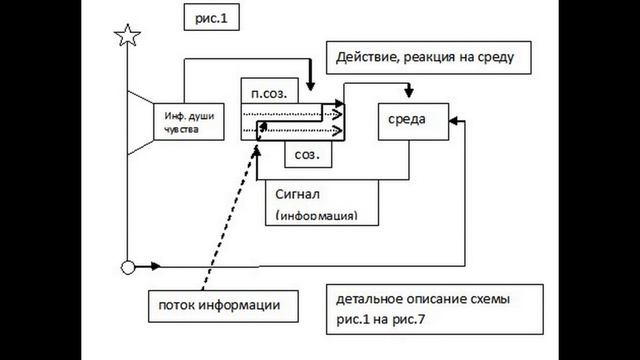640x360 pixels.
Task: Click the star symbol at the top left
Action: (127, 37)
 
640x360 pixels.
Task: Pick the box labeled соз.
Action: (308, 155)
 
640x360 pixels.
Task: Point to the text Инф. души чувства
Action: (189, 122)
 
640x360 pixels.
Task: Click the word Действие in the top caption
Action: (362, 57)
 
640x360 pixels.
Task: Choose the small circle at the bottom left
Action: (127, 267)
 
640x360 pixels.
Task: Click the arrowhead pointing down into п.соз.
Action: (311, 84)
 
